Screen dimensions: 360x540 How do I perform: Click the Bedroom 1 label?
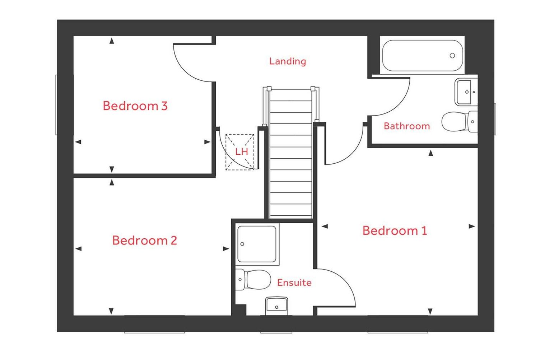click(x=395, y=230)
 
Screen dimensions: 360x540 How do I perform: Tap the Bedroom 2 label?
click(x=144, y=240)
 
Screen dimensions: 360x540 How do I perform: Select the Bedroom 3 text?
click(x=135, y=106)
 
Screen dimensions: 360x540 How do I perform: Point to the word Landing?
click(x=287, y=61)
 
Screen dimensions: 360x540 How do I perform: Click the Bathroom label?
click(x=406, y=126)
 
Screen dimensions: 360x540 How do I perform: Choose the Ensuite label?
click(x=294, y=283)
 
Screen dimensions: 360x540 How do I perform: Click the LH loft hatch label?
click(x=241, y=152)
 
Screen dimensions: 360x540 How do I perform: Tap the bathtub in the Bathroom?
click(x=422, y=56)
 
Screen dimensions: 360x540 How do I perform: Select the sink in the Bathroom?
click(x=466, y=92)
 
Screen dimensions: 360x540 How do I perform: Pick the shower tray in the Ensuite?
click(x=257, y=244)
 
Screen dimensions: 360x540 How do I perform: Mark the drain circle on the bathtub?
click(x=452, y=56)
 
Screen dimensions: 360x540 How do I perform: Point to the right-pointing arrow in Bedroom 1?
click(x=472, y=226)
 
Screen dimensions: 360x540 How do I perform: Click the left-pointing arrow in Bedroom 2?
click(x=78, y=249)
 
